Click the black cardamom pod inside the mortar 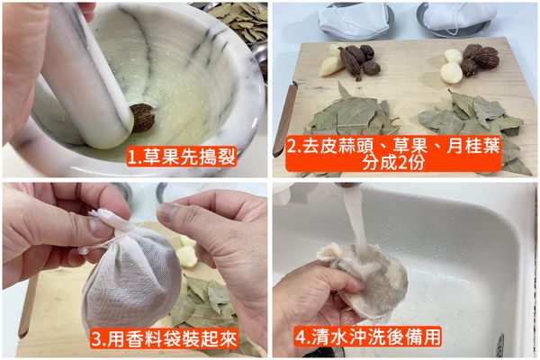click(142, 117)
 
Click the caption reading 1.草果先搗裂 click(181, 157)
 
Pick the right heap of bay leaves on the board click(477, 117)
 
